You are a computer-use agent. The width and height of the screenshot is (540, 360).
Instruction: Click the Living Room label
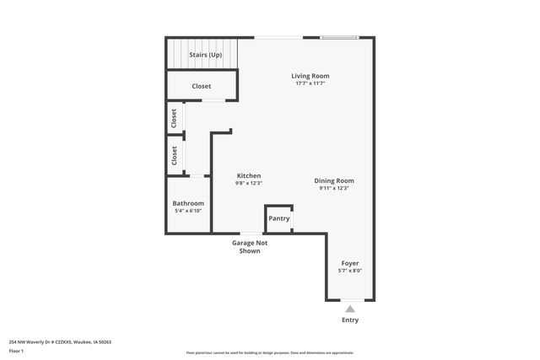[x=310, y=76]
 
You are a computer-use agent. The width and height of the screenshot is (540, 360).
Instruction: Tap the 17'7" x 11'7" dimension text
[x=310, y=83]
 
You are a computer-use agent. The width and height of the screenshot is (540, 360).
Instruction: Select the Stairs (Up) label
[x=206, y=55]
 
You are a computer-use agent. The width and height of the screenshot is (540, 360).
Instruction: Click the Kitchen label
[x=248, y=175]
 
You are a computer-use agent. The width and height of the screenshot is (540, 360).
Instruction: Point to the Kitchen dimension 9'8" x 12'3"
[x=248, y=183]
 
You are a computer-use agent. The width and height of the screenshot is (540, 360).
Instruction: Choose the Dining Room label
[x=334, y=180]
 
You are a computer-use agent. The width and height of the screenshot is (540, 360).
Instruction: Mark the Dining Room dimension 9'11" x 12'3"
[x=334, y=188]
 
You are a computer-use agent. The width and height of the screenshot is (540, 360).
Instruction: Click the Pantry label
[x=279, y=218]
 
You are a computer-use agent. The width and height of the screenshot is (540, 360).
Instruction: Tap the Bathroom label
[x=188, y=203]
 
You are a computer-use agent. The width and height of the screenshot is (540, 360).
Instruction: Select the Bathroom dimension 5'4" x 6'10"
[x=188, y=211]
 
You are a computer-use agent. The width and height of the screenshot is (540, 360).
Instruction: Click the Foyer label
[x=350, y=263]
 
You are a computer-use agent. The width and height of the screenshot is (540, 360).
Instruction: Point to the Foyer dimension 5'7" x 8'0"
[x=350, y=271]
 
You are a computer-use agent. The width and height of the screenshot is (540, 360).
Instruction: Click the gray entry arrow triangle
[x=350, y=309]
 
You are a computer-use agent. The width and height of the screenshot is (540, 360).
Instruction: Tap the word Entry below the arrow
[x=350, y=320]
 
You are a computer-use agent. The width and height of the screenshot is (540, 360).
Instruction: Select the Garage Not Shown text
[x=250, y=246]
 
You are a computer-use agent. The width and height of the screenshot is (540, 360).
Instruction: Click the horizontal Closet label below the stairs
[x=202, y=86]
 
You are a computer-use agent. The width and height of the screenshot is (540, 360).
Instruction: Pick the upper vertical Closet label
[x=175, y=117]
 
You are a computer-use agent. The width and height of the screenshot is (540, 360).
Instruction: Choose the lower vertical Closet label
[x=175, y=155]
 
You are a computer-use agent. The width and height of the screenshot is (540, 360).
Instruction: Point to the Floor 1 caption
[x=16, y=351]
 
